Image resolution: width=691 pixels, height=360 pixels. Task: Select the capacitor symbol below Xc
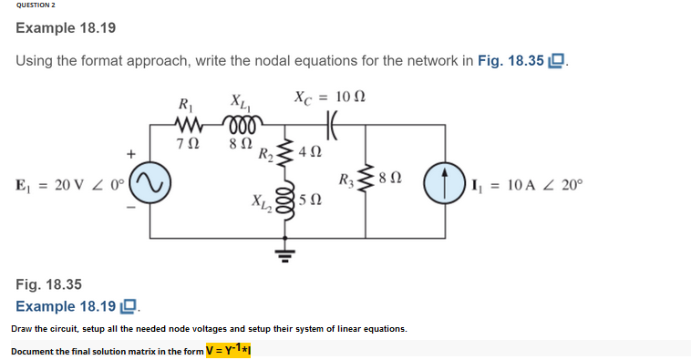[332, 123]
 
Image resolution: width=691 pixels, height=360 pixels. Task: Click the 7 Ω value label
[191, 143]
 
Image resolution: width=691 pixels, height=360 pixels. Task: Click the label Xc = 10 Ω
[330, 97]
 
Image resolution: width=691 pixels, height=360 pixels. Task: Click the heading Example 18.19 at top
[66, 28]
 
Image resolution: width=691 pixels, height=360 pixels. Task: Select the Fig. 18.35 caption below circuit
[48, 285]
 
